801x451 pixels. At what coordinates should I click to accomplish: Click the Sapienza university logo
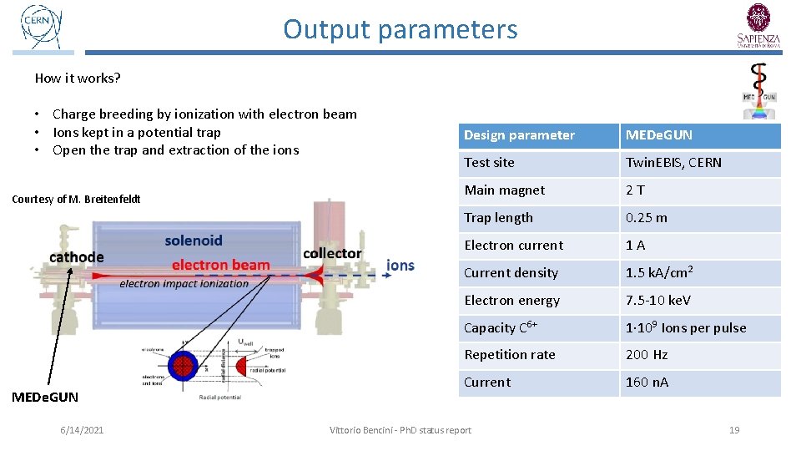759,25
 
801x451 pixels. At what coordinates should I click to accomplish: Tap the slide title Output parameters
400,29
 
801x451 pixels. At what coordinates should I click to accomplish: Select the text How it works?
78,79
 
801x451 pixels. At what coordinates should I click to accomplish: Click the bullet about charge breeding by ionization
204,114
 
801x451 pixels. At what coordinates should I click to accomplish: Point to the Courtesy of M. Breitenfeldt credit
76,199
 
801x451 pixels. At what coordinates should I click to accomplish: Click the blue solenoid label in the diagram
194,241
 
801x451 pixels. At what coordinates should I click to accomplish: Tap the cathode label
77,256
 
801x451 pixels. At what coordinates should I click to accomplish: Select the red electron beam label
221,265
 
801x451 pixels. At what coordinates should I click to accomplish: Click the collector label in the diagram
332,253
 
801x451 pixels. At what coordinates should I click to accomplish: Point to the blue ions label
400,265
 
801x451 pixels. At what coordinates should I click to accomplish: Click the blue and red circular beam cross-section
181,365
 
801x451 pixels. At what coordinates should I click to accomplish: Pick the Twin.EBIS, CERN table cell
673,163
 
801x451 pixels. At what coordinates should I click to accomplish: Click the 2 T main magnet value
635,190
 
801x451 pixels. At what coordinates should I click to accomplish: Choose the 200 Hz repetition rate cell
647,355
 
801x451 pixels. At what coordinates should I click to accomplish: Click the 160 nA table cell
647,383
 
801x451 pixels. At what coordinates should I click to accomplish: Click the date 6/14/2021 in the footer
82,430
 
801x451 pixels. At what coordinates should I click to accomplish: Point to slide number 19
734,430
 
